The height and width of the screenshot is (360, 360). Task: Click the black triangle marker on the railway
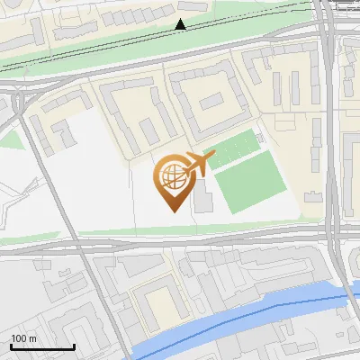(181, 25)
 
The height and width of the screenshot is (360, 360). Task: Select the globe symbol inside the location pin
(175, 178)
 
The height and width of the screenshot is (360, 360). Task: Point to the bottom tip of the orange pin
(175, 212)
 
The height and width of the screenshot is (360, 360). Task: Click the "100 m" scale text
(24, 338)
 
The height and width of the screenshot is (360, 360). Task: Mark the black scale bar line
(42, 347)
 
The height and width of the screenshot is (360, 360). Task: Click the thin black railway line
(108, 45)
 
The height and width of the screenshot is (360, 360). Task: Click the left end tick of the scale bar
(11, 346)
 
